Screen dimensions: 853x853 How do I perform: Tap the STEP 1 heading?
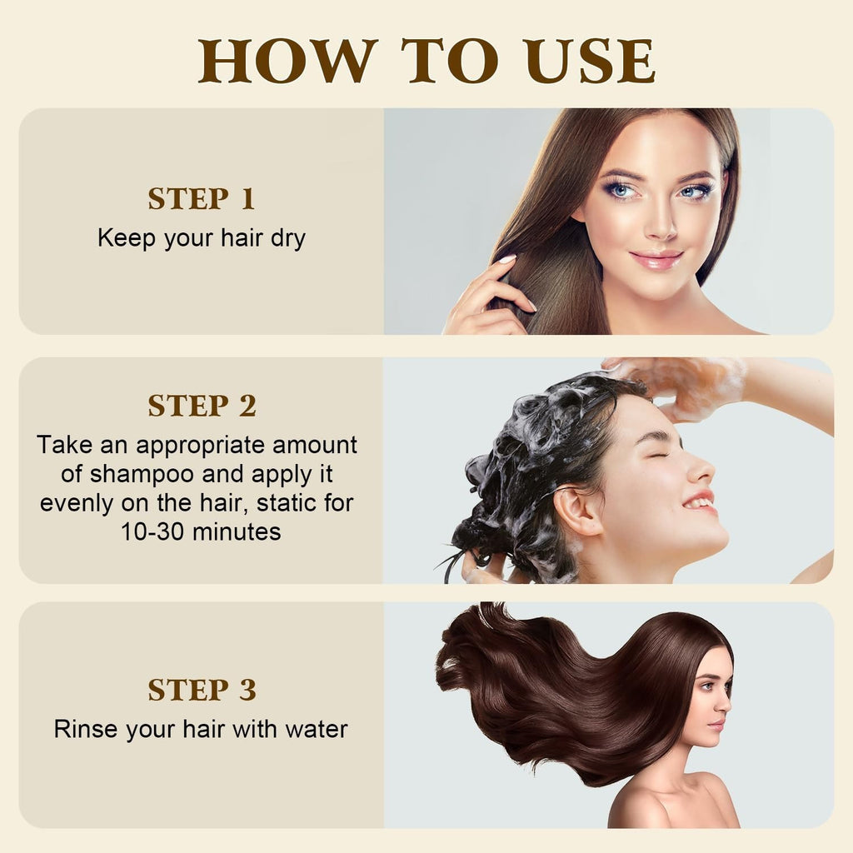tap(201, 199)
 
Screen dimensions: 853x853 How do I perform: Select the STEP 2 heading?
tap(201, 406)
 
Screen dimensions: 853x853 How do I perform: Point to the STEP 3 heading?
tap(201, 690)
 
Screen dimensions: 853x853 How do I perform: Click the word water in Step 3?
tap(315, 730)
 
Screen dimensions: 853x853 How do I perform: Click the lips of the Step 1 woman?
tap(656, 259)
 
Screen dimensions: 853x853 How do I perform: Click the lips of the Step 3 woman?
tap(716, 723)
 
